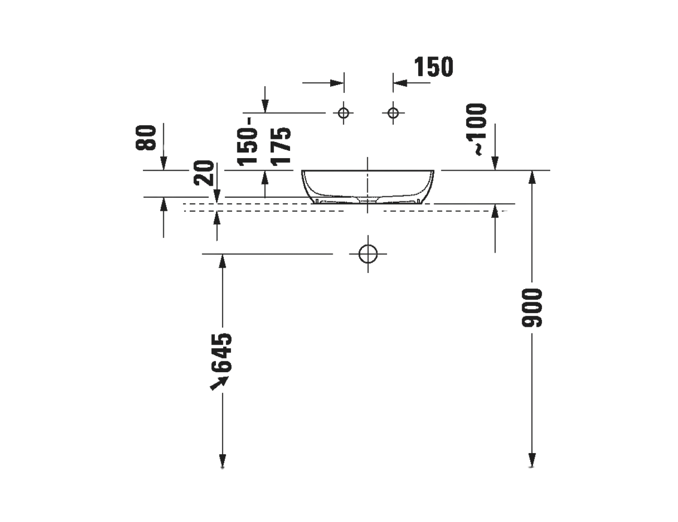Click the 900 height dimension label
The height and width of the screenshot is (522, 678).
pos(532,308)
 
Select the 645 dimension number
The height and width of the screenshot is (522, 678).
pos(222,353)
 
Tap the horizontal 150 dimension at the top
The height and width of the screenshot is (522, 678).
pos(433,67)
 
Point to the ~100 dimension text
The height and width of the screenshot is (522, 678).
pos(477,129)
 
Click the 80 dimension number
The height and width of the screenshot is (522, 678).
pos(146,138)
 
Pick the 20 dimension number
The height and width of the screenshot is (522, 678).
pos(204,173)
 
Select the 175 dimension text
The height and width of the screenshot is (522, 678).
pos(281,146)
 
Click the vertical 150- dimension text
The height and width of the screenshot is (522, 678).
pos(248,141)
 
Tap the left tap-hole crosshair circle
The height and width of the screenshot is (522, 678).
pos(344,113)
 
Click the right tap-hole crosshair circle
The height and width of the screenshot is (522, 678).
pos(393,113)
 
